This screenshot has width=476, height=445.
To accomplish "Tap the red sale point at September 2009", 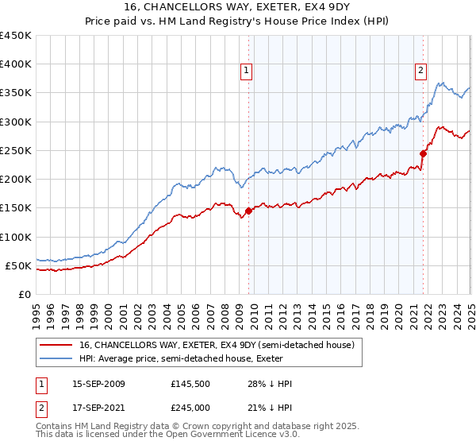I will (248, 211).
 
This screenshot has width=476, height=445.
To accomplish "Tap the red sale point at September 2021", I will (423, 153).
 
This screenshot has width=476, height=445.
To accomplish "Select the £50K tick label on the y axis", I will (19, 265).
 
